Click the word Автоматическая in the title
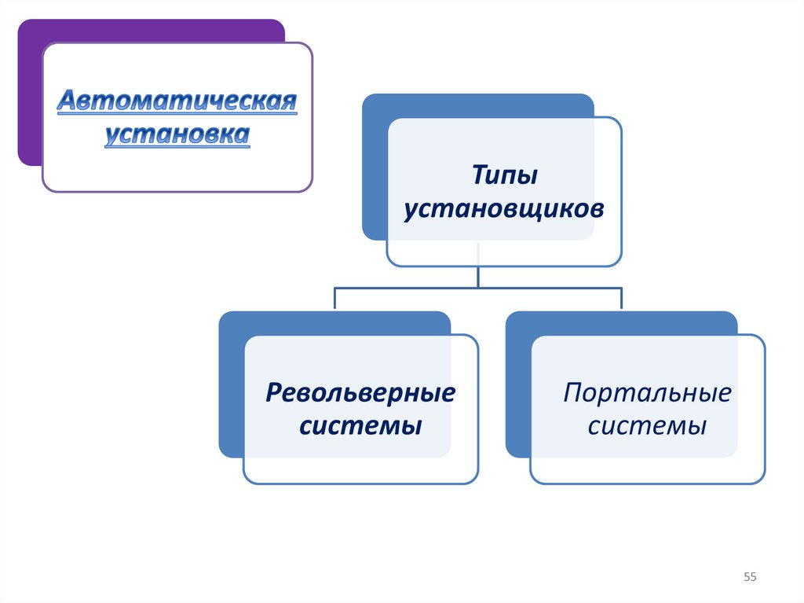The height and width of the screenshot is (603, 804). pyautogui.click(x=177, y=101)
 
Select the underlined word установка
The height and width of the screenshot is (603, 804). pyautogui.click(x=177, y=134)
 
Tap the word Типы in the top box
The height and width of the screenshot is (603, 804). pyautogui.click(x=504, y=175)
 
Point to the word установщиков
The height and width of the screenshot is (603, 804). pyautogui.click(x=504, y=210)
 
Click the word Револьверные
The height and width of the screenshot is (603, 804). pyautogui.click(x=360, y=392)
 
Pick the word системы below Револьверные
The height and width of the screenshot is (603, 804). pyautogui.click(x=362, y=426)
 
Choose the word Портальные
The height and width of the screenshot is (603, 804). pyautogui.click(x=647, y=392)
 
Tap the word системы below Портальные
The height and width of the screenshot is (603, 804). pyautogui.click(x=647, y=426)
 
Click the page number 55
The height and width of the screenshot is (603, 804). pyautogui.click(x=750, y=578)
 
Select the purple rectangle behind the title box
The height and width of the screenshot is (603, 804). pyautogui.click(x=30, y=94)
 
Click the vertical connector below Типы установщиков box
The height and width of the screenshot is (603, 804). pyautogui.click(x=479, y=276)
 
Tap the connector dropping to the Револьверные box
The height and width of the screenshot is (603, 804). pyautogui.click(x=335, y=299)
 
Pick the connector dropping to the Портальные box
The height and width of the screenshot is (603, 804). pyautogui.click(x=622, y=299)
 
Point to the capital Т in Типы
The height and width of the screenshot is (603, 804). pyautogui.click(x=477, y=175)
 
